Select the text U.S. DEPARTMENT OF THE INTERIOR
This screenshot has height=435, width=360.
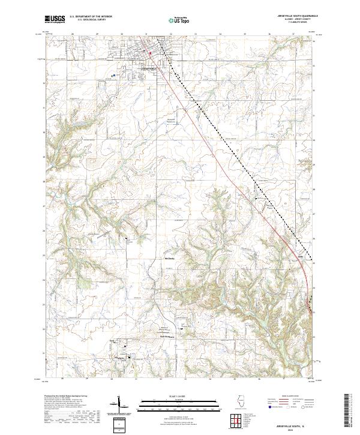click(x=91, y=16)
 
